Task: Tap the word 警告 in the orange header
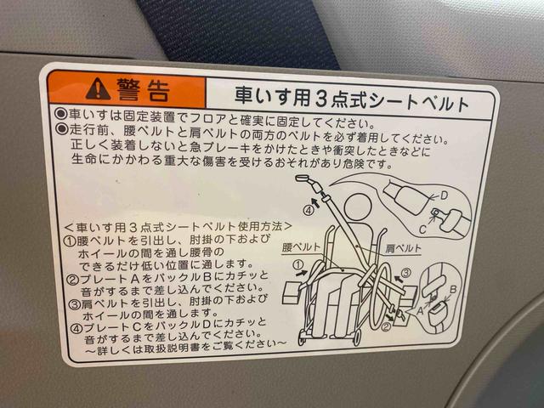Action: pos(144,88)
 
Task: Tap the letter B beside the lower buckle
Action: pos(453,289)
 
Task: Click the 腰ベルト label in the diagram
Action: pos(303,246)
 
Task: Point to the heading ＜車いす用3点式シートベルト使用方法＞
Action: pos(178,228)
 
